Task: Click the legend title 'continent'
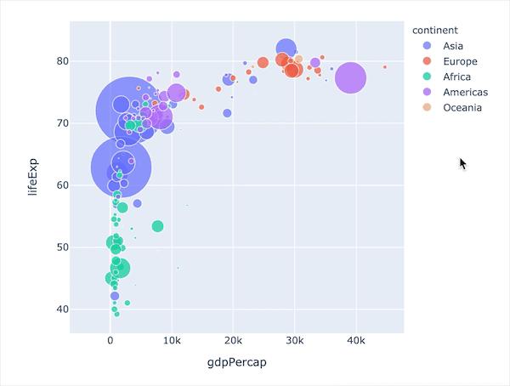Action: tap(434, 29)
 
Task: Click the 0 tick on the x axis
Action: tap(110, 341)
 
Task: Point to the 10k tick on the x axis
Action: tap(172, 341)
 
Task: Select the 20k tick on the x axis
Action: tap(233, 341)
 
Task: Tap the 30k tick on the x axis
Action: tap(294, 341)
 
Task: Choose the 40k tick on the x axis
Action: tap(355, 341)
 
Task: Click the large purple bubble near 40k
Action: tap(350, 78)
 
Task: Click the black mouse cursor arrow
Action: tap(462, 163)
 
